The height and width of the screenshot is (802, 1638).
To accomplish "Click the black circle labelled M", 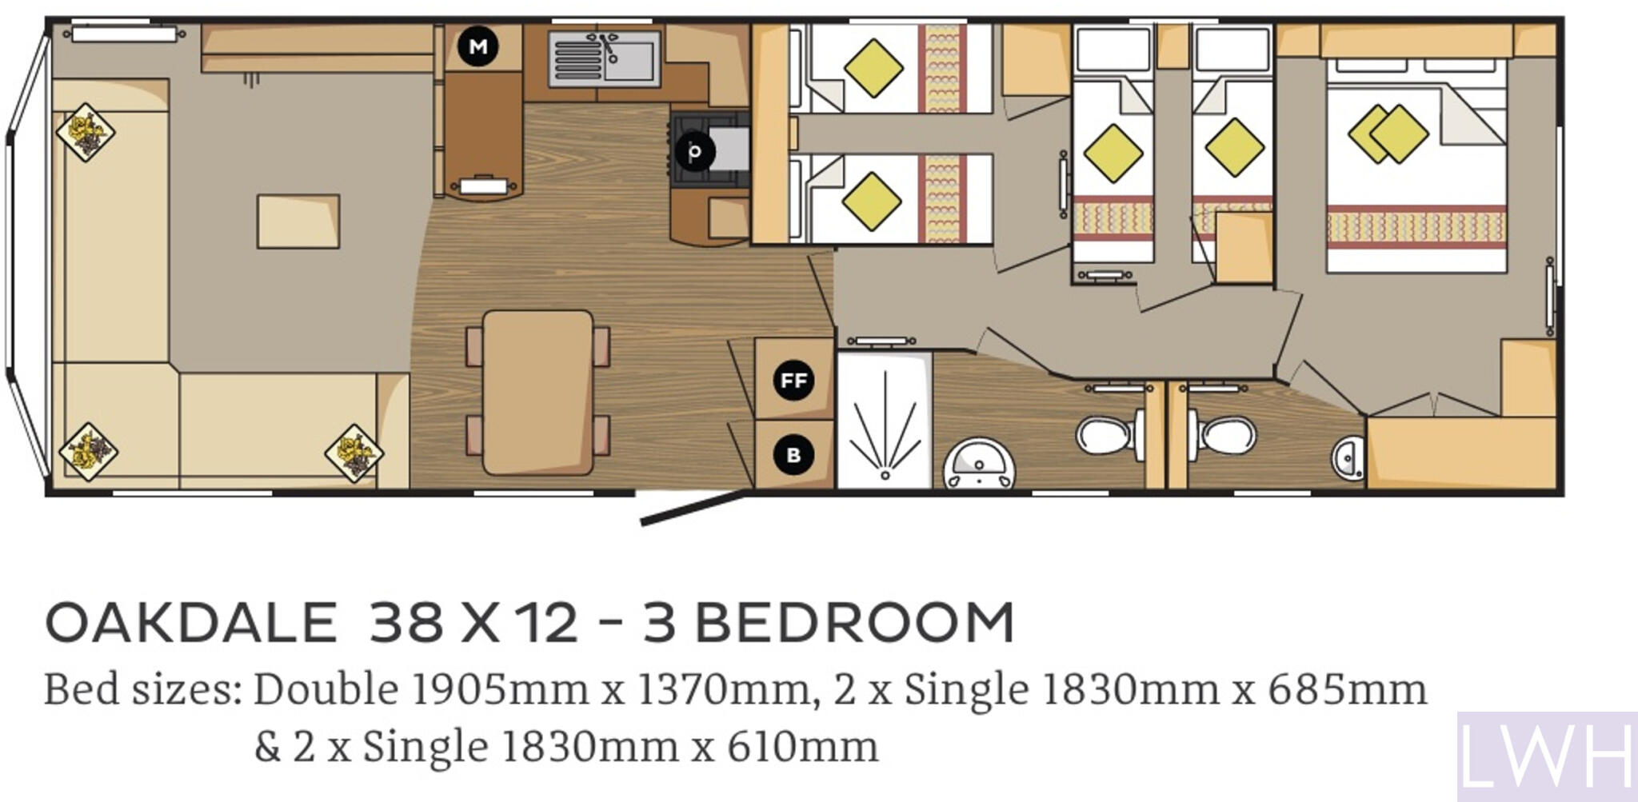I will [x=478, y=46].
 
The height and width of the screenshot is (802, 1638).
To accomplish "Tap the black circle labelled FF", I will [x=793, y=380].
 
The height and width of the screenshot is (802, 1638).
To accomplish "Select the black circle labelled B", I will [x=793, y=455].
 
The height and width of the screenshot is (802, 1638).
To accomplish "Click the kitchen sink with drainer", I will [x=605, y=58].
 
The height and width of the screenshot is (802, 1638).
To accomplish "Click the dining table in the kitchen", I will [x=538, y=393].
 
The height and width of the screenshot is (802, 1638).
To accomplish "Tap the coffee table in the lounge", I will [x=298, y=221].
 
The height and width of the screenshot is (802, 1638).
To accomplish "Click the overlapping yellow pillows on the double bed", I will [x=1388, y=134].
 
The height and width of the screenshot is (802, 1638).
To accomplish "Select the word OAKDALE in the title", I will [x=191, y=623].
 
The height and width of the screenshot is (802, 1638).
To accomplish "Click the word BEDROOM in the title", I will [x=853, y=623].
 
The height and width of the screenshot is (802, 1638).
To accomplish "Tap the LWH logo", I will [x=1546, y=756].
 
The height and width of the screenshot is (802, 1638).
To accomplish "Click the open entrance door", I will [x=692, y=509].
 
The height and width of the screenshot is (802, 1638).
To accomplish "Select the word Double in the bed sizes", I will [x=326, y=690].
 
